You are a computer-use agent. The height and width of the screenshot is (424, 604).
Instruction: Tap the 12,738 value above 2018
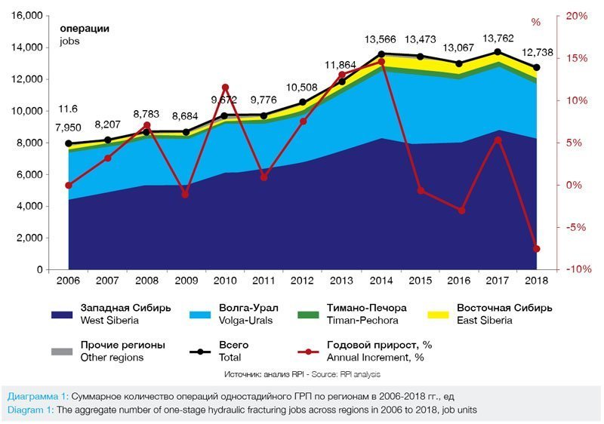tap(537, 52)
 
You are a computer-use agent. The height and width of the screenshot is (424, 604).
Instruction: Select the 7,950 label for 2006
tap(69, 127)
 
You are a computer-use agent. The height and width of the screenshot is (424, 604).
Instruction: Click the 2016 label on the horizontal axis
tap(459, 281)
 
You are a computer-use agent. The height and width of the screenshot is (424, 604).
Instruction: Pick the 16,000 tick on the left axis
tap(26, 16)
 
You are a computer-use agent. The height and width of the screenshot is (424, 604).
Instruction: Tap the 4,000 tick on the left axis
tap(29, 206)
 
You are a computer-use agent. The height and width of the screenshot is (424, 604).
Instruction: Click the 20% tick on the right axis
tap(576, 16)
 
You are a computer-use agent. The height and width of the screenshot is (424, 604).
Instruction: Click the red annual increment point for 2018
tap(537, 248)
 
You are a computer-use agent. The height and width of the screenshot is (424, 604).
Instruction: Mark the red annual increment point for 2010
tap(225, 88)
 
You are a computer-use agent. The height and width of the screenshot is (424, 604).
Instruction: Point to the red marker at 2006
tap(69, 185)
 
